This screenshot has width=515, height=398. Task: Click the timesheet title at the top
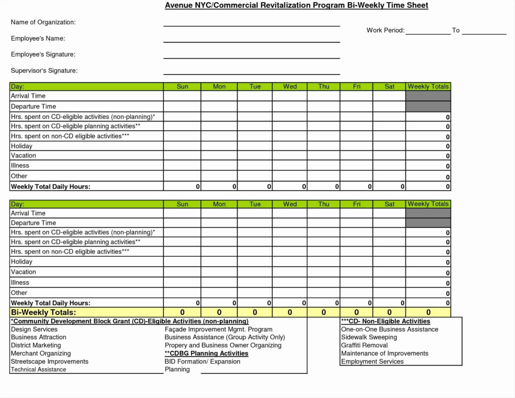coord(296,5)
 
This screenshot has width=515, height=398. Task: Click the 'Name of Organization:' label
coord(43,22)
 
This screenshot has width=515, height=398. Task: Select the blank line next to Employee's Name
coord(252,39)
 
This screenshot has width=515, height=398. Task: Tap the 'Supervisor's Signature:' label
coord(44,71)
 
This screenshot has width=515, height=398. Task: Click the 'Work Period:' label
coord(385,30)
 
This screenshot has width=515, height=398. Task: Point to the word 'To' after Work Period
coord(455,30)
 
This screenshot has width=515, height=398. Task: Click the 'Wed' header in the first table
coord(290,87)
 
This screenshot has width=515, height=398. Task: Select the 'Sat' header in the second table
coord(389,204)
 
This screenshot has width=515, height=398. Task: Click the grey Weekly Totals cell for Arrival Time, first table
coord(428,96)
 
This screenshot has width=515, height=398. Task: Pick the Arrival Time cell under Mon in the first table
coord(219,96)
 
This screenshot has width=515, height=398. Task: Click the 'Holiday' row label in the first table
coord(21,146)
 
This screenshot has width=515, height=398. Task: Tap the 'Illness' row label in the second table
coord(20,282)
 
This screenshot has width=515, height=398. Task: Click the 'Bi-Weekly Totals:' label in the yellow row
coord(43,312)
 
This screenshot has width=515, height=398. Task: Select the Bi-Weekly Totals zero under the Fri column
coord(356,312)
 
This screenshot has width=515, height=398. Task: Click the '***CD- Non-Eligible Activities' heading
coord(385,321)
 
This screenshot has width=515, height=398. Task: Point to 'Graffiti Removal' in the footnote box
coord(364,345)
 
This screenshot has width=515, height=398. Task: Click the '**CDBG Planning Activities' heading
coord(206,353)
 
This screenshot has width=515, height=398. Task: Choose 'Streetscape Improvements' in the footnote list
coord(49,361)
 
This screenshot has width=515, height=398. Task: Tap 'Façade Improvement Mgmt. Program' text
coord(218,329)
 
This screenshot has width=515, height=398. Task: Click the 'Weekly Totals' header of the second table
coord(428,204)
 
